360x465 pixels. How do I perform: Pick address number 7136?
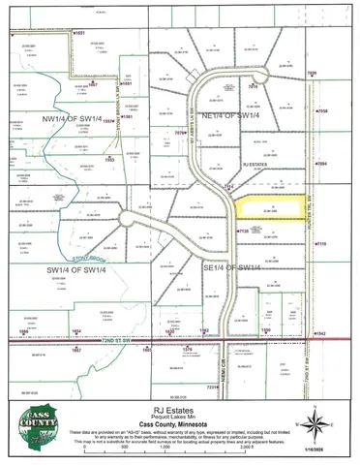(x=243, y=231)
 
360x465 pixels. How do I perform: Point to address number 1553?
(x=110, y=159)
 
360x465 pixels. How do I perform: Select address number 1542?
(x=319, y=334)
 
